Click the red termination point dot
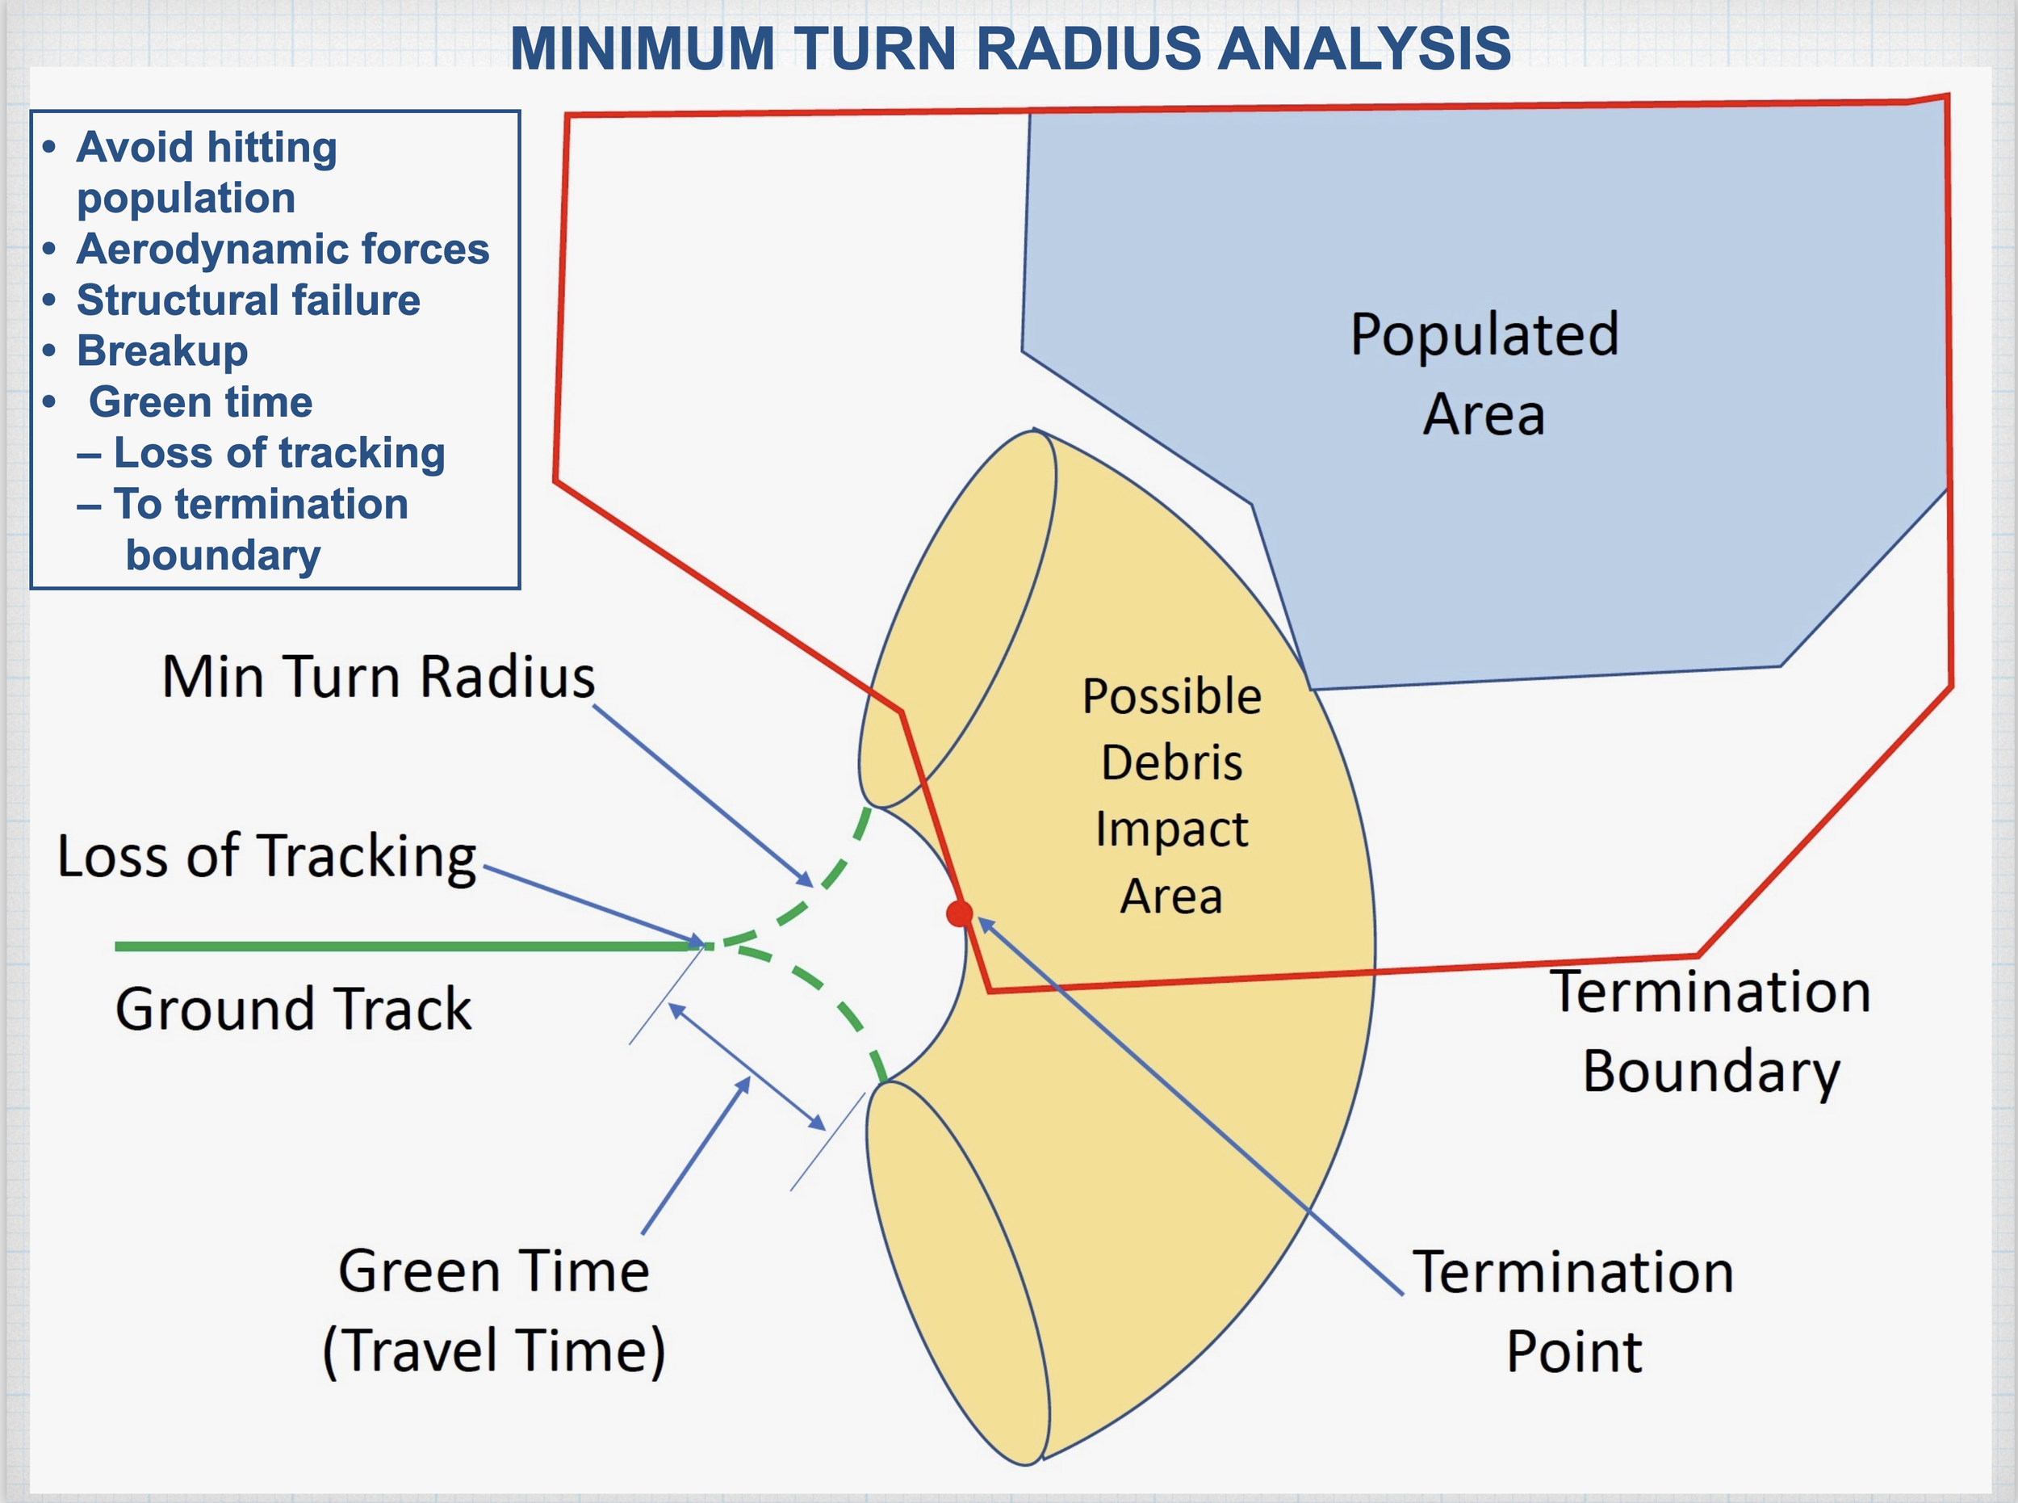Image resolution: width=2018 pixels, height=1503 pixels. (x=960, y=913)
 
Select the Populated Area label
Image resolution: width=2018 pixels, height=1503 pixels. (x=1484, y=373)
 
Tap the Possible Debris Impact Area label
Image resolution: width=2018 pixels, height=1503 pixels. (x=1171, y=796)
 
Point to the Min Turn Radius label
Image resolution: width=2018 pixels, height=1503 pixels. (x=379, y=677)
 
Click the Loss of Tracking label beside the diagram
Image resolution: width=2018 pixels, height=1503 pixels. (x=266, y=857)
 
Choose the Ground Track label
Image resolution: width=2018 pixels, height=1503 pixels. (x=293, y=1009)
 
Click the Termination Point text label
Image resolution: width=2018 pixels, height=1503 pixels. (x=1573, y=1311)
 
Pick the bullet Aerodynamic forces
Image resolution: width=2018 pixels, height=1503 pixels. (x=282, y=250)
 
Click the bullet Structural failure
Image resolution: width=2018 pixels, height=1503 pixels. (x=247, y=300)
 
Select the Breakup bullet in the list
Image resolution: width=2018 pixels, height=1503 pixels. (x=162, y=351)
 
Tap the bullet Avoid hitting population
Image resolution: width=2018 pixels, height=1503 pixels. (x=206, y=173)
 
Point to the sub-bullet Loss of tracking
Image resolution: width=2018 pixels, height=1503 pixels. (x=278, y=453)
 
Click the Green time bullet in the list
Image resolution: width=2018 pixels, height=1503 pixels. (x=200, y=402)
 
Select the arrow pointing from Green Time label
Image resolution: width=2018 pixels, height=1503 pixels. (x=696, y=1156)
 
